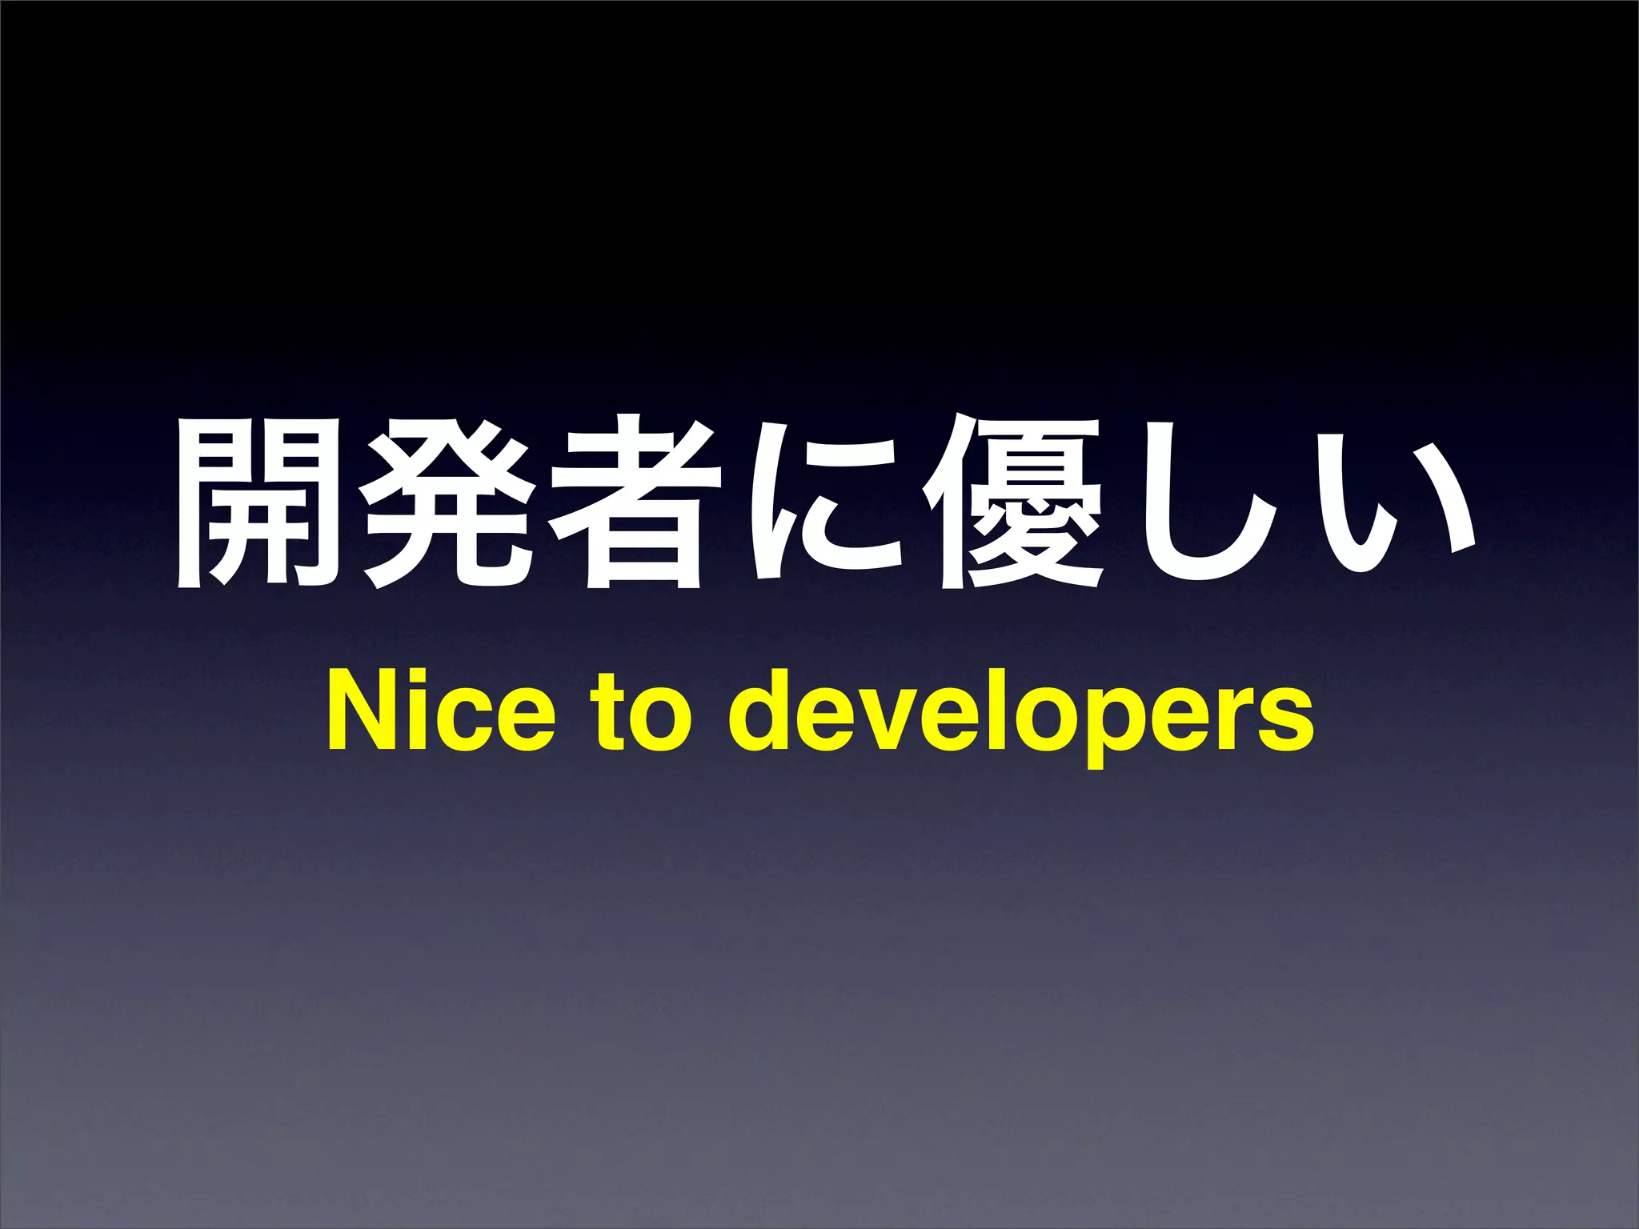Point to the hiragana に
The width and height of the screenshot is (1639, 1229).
(x=824, y=504)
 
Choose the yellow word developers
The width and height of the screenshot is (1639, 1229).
(x=1020, y=716)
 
